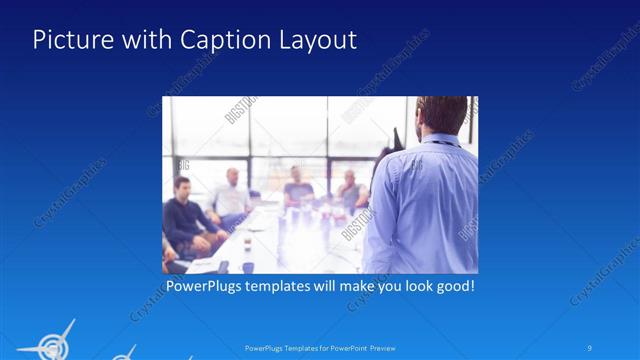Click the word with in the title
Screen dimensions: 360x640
tap(147, 41)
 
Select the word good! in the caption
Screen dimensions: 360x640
tap(453, 286)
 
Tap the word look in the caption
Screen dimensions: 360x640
tap(409, 286)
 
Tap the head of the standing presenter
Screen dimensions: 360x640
tap(441, 113)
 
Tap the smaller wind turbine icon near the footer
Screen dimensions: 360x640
tap(124, 353)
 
